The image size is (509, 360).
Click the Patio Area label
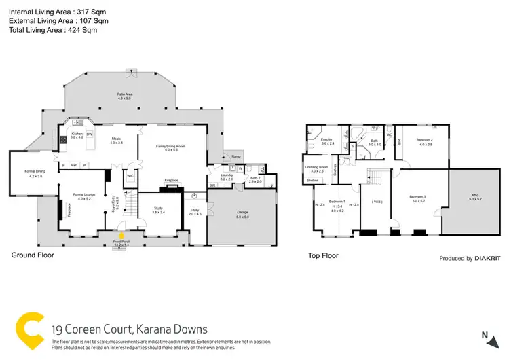124,96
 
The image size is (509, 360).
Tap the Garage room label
242,212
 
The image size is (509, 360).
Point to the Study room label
158,210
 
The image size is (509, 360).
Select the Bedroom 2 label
426,141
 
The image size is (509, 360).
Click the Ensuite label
328,140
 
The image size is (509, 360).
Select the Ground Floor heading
32,256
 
